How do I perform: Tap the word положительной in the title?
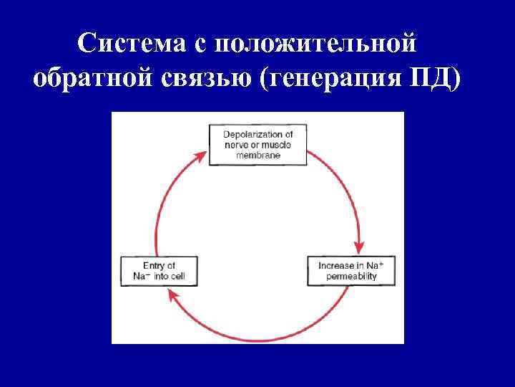pyautogui.click(x=314, y=44)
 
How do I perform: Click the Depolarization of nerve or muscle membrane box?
pyautogui.click(x=257, y=145)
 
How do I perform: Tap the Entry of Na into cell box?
pyautogui.click(x=159, y=270)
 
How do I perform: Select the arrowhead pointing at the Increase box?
pyautogui.click(x=361, y=246)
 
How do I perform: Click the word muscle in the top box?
pyautogui.click(x=275, y=145)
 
